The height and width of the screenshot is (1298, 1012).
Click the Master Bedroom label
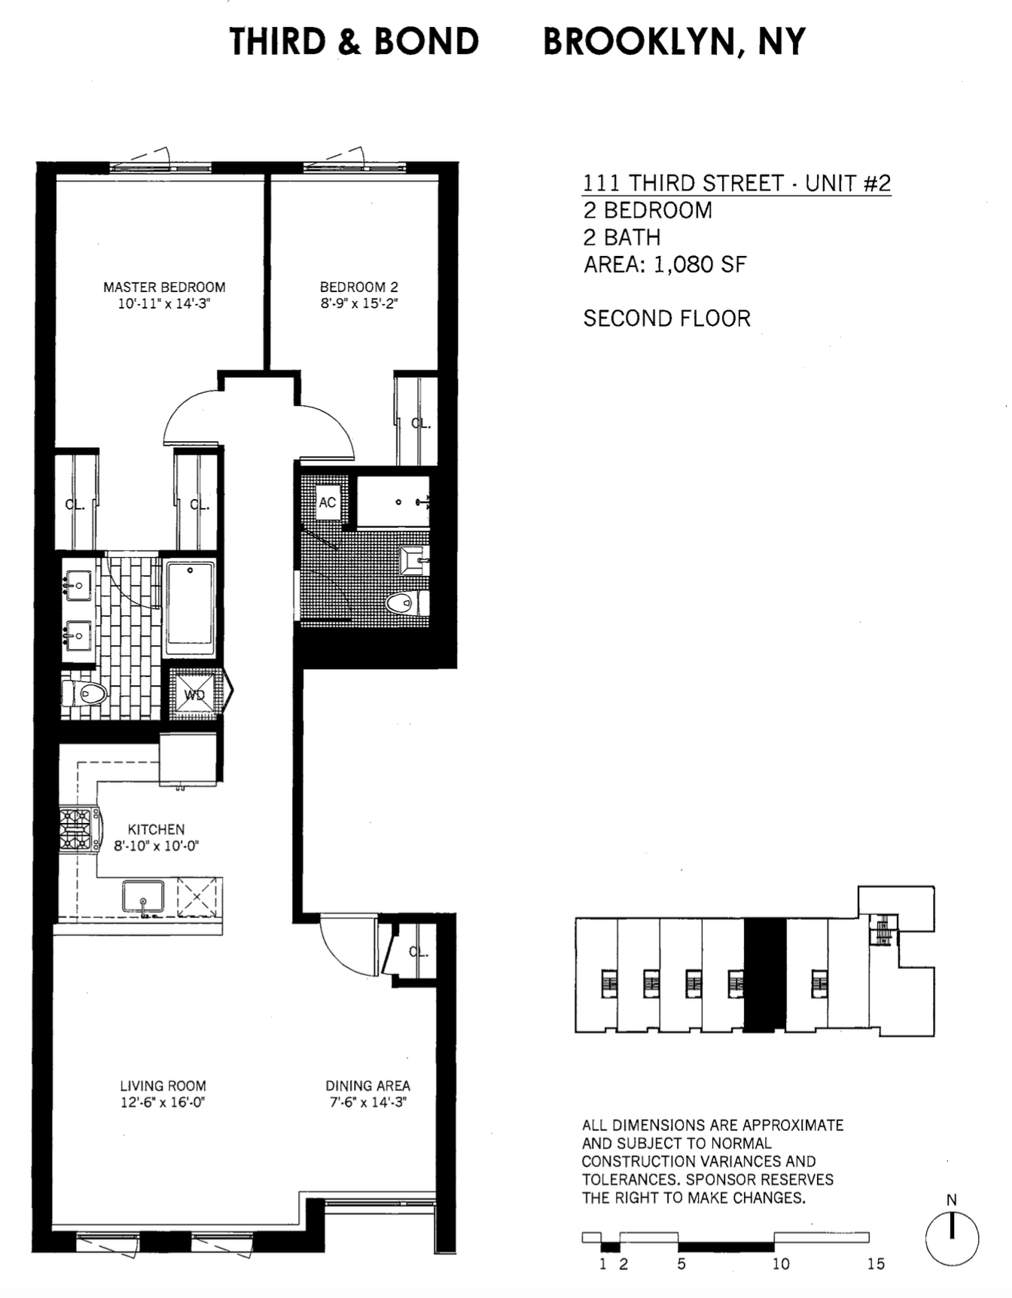(164, 287)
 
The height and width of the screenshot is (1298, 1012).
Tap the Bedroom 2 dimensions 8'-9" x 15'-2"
(359, 304)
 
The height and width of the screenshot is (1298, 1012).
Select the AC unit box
(327, 502)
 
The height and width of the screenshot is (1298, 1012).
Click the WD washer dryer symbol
(195, 694)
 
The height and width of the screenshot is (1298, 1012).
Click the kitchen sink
(143, 896)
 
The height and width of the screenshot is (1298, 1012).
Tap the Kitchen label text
(156, 829)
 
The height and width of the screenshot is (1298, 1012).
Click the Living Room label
(163, 1086)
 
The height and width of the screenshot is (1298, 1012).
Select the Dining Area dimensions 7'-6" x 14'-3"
(367, 1103)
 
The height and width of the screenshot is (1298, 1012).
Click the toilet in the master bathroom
(84, 693)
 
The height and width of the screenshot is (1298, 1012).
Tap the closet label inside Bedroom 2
(420, 424)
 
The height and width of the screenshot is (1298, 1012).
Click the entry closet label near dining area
(419, 952)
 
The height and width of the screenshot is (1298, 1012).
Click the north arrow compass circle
(952, 1239)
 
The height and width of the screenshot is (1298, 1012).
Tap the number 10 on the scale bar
(781, 1264)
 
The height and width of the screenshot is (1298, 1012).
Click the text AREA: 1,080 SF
(665, 264)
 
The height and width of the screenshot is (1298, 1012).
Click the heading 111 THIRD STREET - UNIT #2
(736, 183)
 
